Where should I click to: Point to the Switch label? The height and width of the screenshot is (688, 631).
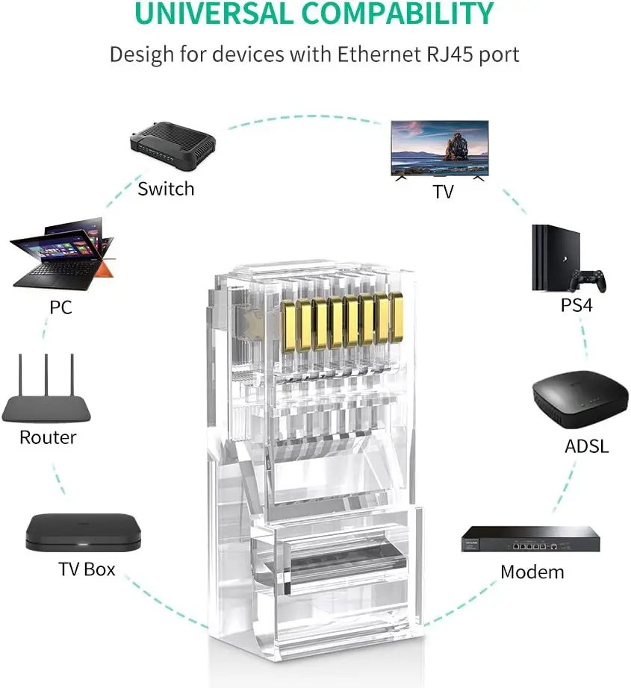point(166,189)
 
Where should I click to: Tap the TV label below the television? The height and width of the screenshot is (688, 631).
point(443,192)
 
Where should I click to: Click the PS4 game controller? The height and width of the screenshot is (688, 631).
point(587,281)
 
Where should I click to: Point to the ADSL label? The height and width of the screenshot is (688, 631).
point(586,446)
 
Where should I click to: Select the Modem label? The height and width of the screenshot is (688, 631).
point(532,572)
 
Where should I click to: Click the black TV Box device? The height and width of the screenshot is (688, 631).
point(73,531)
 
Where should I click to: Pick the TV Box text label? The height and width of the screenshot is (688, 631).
point(87,569)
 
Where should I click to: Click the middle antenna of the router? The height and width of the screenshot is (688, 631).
point(46,376)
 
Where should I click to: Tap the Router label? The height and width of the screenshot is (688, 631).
point(48,437)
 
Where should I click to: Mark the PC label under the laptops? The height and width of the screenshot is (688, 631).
point(60,307)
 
